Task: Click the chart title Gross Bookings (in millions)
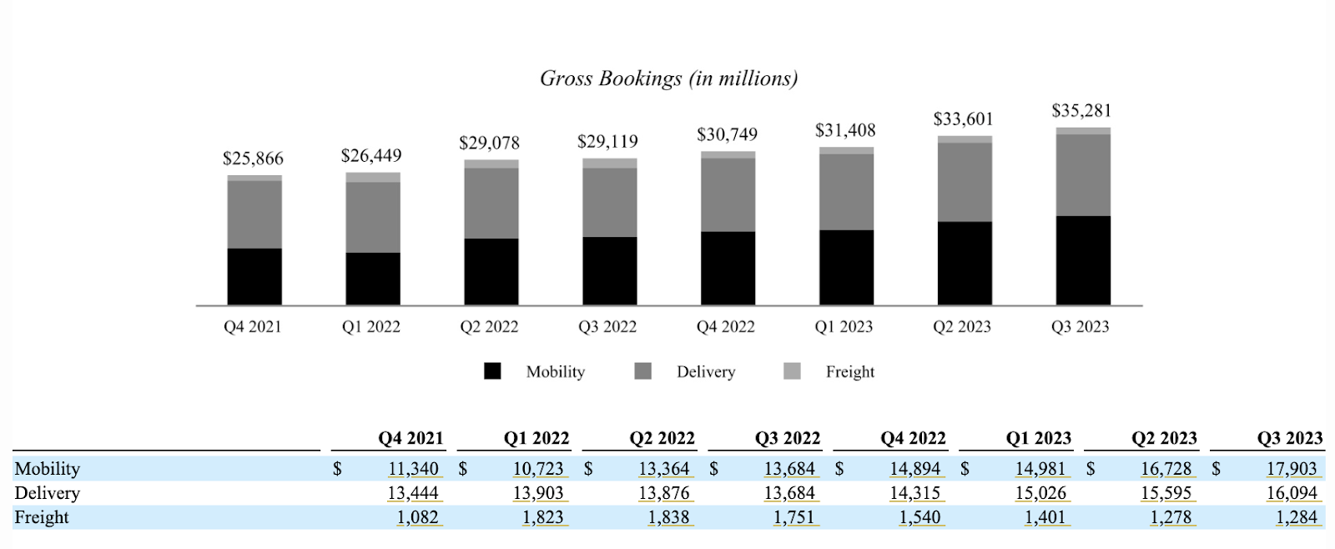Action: point(668,78)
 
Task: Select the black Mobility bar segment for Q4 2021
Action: point(254,276)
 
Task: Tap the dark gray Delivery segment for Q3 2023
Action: point(1083,175)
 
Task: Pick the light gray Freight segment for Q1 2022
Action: point(373,177)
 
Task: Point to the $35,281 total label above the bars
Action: point(1081,111)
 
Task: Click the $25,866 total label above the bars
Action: point(253,159)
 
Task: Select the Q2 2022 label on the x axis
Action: point(489,327)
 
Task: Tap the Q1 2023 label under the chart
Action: point(844,327)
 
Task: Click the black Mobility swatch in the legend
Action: point(492,371)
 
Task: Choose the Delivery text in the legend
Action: point(706,372)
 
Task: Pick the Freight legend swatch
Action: point(792,371)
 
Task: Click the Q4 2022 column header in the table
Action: point(913,438)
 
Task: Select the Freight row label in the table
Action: point(42,517)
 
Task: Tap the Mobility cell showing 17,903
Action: point(1292,469)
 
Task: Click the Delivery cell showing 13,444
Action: point(413,493)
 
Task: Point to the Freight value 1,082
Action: point(417,517)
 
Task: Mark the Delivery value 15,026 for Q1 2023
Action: point(1040,493)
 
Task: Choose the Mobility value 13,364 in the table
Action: point(664,469)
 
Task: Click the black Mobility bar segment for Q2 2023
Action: point(965,263)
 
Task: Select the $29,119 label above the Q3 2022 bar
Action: point(607,142)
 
